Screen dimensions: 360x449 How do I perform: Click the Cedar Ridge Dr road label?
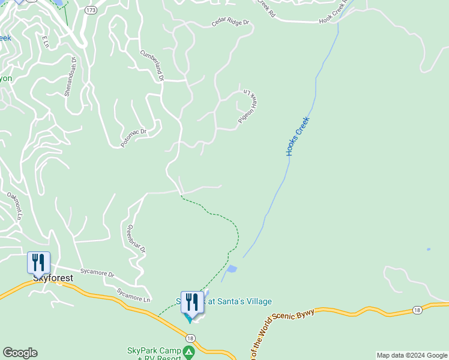tap(230, 23)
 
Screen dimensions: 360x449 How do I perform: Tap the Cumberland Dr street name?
tap(152, 65)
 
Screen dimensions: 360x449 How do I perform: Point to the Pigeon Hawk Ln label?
tap(251, 106)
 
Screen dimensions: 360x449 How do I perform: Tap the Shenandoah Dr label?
tap(71, 76)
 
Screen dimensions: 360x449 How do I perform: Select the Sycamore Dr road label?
tap(100, 274)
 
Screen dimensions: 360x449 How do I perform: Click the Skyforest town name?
tap(53, 278)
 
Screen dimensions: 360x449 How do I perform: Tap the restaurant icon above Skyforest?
tap(38, 262)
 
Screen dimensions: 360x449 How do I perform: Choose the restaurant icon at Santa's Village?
tap(192, 302)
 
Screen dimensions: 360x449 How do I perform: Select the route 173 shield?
tap(91, 11)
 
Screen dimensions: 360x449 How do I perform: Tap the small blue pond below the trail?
tap(232, 269)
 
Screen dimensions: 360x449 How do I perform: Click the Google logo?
tap(20, 353)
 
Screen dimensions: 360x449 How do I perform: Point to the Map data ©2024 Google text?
tap(412, 355)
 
